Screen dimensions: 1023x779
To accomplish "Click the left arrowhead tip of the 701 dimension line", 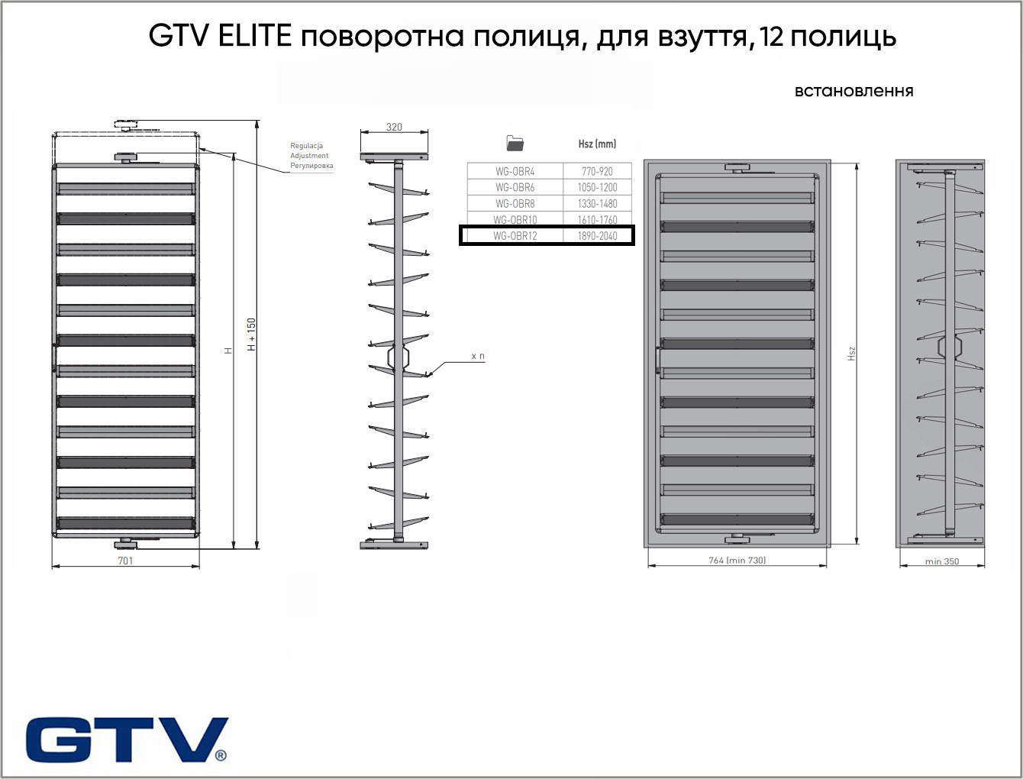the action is pyautogui.click(x=52, y=567).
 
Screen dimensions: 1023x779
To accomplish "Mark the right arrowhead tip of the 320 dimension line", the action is pyautogui.click(x=428, y=132).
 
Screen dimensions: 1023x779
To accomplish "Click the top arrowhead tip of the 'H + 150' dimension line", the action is pyautogui.click(x=257, y=121).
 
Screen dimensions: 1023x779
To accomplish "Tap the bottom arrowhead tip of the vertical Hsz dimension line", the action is pyautogui.click(x=857, y=544).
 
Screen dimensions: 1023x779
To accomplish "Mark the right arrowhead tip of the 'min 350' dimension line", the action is pyautogui.click(x=985, y=566).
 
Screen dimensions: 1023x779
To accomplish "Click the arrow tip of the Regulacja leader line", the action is pyautogui.click(x=199, y=148).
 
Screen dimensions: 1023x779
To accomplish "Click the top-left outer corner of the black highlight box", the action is pyautogui.click(x=459, y=225).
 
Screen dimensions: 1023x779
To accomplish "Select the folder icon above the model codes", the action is pyautogui.click(x=515, y=143).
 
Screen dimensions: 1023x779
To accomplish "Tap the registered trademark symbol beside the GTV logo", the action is pyautogui.click(x=221, y=755).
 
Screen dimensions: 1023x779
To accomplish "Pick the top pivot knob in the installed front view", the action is pyautogui.click(x=737, y=168).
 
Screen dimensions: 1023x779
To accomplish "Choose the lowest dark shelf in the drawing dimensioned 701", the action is pyautogui.click(x=126, y=523).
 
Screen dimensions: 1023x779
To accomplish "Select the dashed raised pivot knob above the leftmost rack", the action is pyautogui.click(x=126, y=124).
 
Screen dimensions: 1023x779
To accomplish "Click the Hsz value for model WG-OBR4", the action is pyautogui.click(x=597, y=171).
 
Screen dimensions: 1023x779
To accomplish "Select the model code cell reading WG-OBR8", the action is pyautogui.click(x=515, y=204).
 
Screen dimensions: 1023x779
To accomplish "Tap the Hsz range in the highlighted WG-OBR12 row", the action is pyautogui.click(x=597, y=236).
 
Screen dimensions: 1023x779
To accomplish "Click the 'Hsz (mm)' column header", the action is pyautogui.click(x=597, y=144).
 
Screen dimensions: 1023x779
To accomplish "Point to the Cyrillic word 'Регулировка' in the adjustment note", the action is pyautogui.click(x=311, y=166).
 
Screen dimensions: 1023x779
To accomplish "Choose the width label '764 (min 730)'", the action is pyautogui.click(x=737, y=561).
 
